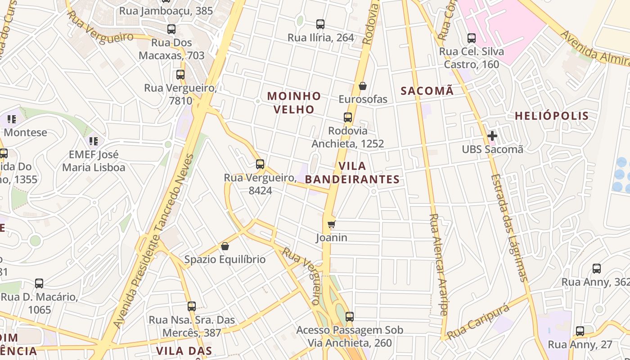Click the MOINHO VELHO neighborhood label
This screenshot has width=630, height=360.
pyautogui.click(x=294, y=103)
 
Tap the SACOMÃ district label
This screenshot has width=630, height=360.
pyautogui.click(x=427, y=91)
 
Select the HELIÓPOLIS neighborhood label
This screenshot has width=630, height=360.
pyautogui.click(x=552, y=116)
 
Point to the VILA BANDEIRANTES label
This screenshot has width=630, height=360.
pyautogui.click(x=352, y=173)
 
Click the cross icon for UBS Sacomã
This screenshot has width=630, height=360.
pyautogui.click(x=492, y=135)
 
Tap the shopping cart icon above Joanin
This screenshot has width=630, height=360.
pyautogui.click(x=332, y=224)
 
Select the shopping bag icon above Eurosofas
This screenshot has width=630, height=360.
pyautogui.click(x=363, y=85)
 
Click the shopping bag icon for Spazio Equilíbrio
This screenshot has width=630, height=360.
pyautogui.click(x=225, y=246)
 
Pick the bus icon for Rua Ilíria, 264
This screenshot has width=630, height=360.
pyautogui.click(x=320, y=24)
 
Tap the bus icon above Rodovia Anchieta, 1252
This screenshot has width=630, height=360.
pyautogui.click(x=348, y=117)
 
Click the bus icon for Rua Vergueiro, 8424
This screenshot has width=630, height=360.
pyautogui.click(x=260, y=164)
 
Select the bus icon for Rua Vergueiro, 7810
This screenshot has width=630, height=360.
pyautogui.click(x=180, y=75)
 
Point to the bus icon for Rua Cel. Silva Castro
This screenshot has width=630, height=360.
pyautogui.click(x=472, y=38)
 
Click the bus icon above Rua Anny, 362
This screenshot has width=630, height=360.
pyautogui.click(x=597, y=269)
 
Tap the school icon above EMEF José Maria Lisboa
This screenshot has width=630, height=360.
pyautogui.click(x=94, y=141)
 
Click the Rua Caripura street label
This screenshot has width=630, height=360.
pyautogui.click(x=478, y=321)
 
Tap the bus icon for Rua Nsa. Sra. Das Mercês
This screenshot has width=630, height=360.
pyautogui.click(x=192, y=306)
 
